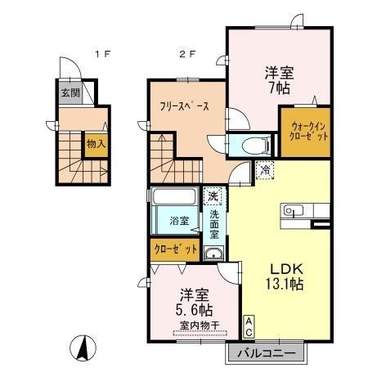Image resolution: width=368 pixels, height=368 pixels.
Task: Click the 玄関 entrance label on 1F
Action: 70,93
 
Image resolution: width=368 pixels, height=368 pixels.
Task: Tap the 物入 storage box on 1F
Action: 96,144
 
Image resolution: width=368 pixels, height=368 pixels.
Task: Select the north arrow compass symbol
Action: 83,348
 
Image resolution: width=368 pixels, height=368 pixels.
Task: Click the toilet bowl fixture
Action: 255,146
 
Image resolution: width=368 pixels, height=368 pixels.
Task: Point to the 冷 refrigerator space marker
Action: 265,170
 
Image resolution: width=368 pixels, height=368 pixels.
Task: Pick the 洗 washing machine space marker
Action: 213,196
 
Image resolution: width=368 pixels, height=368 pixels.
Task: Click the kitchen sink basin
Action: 294,210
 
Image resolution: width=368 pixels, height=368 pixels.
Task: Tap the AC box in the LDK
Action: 249,327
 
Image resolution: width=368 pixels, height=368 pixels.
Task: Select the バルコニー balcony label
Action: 267,354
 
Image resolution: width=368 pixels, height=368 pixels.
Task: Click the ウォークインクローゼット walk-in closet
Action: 306,132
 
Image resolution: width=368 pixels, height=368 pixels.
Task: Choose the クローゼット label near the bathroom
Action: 175,249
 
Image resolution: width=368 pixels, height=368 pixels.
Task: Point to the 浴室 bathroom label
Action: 179,221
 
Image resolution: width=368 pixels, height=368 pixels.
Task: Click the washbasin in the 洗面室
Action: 213,254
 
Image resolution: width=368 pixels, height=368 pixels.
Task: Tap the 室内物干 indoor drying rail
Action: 200,333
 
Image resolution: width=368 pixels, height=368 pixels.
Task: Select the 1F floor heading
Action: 102,54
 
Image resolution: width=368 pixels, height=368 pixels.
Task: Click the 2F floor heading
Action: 187,54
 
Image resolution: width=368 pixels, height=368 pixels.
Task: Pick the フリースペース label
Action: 185,106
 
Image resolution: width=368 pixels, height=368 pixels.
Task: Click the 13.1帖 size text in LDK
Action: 285,284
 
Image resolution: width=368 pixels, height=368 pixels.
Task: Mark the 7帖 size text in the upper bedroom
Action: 279,88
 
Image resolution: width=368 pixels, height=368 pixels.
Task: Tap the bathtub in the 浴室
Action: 174,196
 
